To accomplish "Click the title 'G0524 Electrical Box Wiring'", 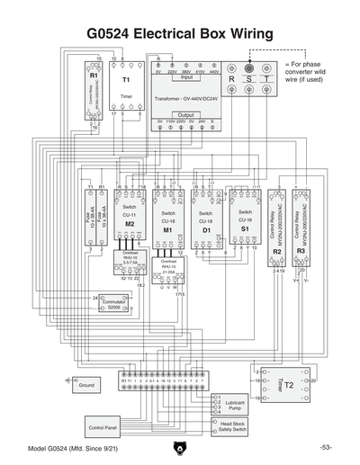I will (179, 32).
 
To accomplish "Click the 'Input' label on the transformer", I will (186, 77).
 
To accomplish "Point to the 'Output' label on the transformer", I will (186, 115).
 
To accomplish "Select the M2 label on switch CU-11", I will (130, 223).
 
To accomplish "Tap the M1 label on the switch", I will (167, 230).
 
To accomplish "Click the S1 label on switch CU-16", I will (245, 229).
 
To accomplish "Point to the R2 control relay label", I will (278, 252).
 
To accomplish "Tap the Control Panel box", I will (103, 426).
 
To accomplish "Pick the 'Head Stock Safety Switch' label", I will (238, 426).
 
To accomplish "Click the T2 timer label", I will (288, 384).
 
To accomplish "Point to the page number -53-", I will (325, 447).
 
